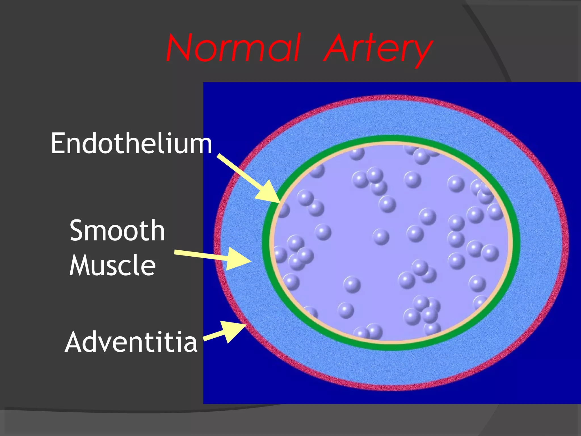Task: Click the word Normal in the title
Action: click(x=233, y=48)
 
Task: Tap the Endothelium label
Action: click(x=131, y=143)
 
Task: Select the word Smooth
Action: click(x=117, y=230)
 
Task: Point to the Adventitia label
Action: click(x=131, y=342)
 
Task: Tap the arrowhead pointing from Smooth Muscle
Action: click(x=238, y=258)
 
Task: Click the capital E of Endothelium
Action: click(x=58, y=143)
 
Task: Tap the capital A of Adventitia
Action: click(x=74, y=342)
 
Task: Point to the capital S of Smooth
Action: click(x=77, y=230)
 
